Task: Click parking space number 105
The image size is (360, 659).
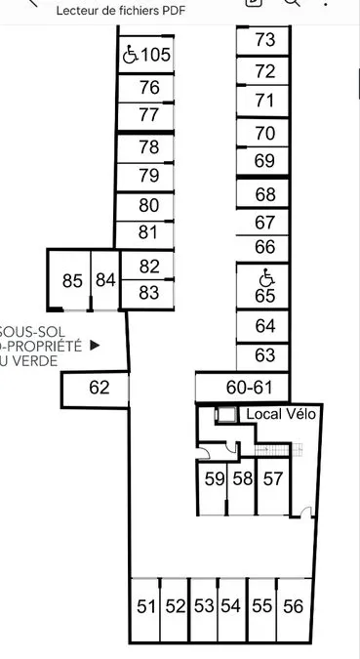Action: [145, 55]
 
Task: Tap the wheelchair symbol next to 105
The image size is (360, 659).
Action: [130, 55]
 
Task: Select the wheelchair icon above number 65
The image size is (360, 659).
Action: [266, 277]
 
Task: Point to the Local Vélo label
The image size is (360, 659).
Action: [281, 414]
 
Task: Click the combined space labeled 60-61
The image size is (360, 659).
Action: [242, 387]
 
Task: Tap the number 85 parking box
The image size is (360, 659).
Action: [69, 280]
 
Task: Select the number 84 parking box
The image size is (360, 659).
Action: [105, 280]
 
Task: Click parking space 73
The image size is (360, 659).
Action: [262, 41]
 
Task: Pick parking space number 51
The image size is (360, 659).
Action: [145, 610]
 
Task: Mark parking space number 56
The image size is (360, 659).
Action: [294, 610]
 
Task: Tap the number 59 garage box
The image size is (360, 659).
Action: [213, 487]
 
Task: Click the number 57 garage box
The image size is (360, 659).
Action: [272, 487]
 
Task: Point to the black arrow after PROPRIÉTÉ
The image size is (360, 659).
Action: [96, 346]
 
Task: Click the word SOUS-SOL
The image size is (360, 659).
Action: [32, 332]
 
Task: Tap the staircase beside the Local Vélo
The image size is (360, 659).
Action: [278, 450]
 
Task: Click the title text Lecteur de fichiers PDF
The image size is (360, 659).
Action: [121, 11]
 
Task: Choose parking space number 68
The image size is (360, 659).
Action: [262, 194]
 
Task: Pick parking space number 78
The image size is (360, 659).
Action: [145, 147]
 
